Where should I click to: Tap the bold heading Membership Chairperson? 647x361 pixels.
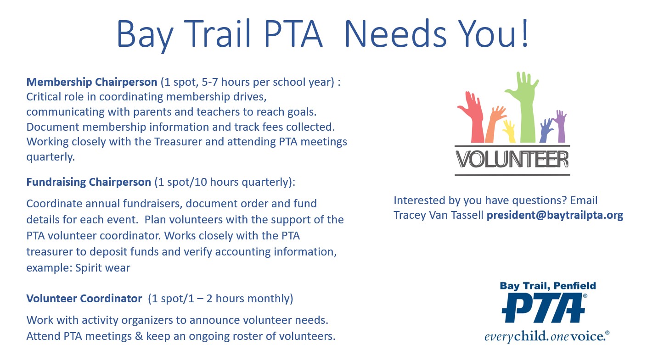click(x=91, y=83)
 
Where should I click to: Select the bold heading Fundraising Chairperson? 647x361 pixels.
click(x=89, y=182)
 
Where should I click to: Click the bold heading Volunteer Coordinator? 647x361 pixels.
click(x=84, y=299)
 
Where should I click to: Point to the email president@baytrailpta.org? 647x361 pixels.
click(x=555, y=215)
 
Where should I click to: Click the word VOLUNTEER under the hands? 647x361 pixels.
click(x=512, y=160)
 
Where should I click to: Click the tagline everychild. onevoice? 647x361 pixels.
click(x=546, y=336)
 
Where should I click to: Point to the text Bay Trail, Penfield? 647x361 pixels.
click(x=547, y=286)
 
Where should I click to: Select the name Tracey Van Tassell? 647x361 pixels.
click(x=439, y=215)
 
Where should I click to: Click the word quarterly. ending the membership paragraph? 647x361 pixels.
click(x=50, y=157)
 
